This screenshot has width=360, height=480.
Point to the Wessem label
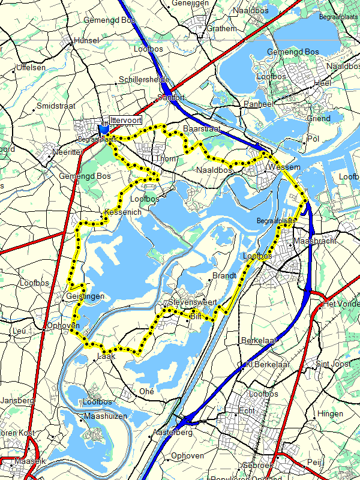click(x=284, y=167)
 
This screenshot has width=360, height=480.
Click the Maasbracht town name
click(x=315, y=241)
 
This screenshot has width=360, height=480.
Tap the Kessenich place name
click(x=122, y=212)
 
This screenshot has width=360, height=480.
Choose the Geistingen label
click(x=86, y=296)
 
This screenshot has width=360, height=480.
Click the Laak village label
click(x=106, y=356)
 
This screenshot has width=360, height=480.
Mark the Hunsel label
click(x=85, y=41)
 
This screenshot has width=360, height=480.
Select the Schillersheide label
click(x=144, y=80)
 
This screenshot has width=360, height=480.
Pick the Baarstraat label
click(x=203, y=129)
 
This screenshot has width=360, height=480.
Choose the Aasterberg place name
click(x=172, y=432)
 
